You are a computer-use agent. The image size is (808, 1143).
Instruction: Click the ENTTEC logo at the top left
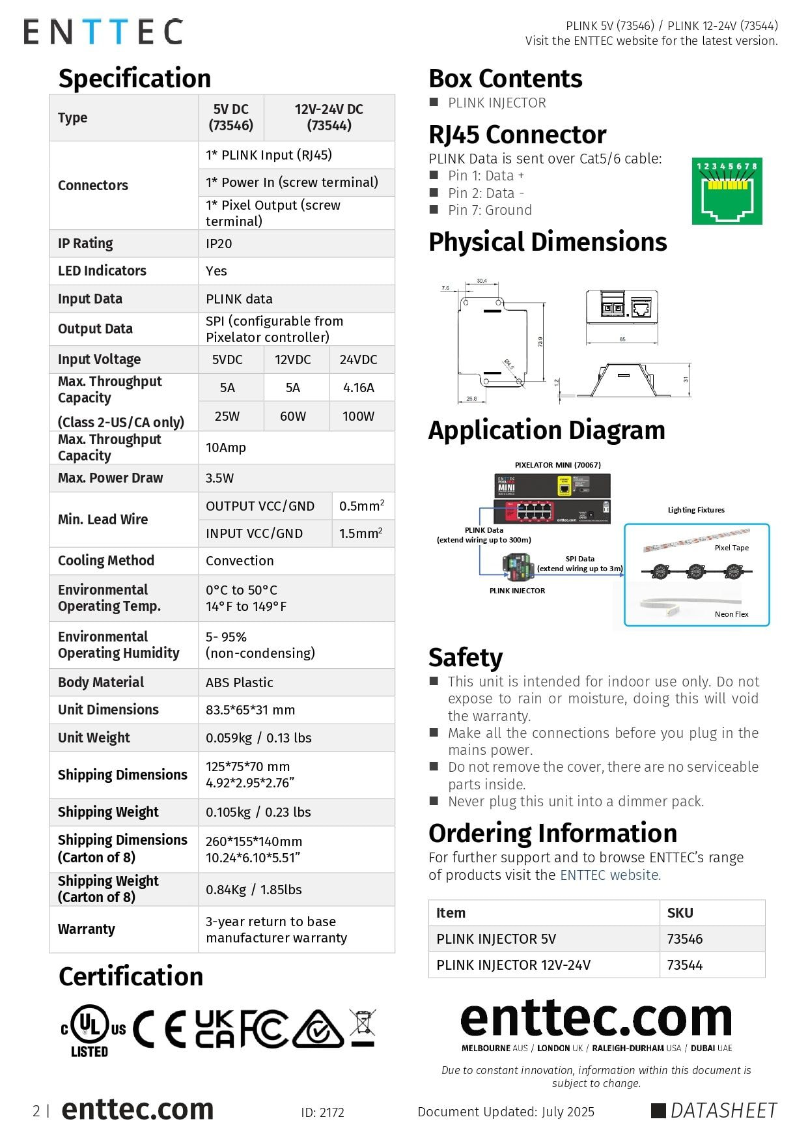[x=103, y=32]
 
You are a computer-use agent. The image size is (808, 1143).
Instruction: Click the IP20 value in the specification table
[x=219, y=244]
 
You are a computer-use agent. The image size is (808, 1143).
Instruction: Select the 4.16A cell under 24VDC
[x=358, y=388]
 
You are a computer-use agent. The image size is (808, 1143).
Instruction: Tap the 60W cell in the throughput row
[x=292, y=416]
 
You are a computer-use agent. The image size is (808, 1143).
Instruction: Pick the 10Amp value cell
[x=226, y=447]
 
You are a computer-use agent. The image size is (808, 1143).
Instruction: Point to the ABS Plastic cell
[x=239, y=683]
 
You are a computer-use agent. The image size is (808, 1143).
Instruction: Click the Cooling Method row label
[x=106, y=561]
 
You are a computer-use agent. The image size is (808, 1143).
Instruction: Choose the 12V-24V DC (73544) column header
[x=329, y=117]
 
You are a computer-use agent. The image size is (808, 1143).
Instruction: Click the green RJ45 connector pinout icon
[x=727, y=191]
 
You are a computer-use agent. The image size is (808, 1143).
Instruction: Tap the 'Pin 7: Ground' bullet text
[x=490, y=210]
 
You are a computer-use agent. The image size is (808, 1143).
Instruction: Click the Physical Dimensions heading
[x=548, y=242]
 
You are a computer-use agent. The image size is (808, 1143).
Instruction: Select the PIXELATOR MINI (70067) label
[x=557, y=465]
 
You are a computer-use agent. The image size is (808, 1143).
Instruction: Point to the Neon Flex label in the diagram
[x=731, y=614]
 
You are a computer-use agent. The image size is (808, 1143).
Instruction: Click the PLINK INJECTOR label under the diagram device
[x=517, y=591]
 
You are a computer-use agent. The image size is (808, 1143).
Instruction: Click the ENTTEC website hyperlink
[x=610, y=875]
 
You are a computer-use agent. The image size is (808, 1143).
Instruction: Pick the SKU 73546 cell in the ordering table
[x=684, y=939]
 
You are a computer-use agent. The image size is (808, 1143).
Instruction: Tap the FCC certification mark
[x=263, y=1028]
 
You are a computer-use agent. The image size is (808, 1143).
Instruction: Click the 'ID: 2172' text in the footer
[x=322, y=1112]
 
